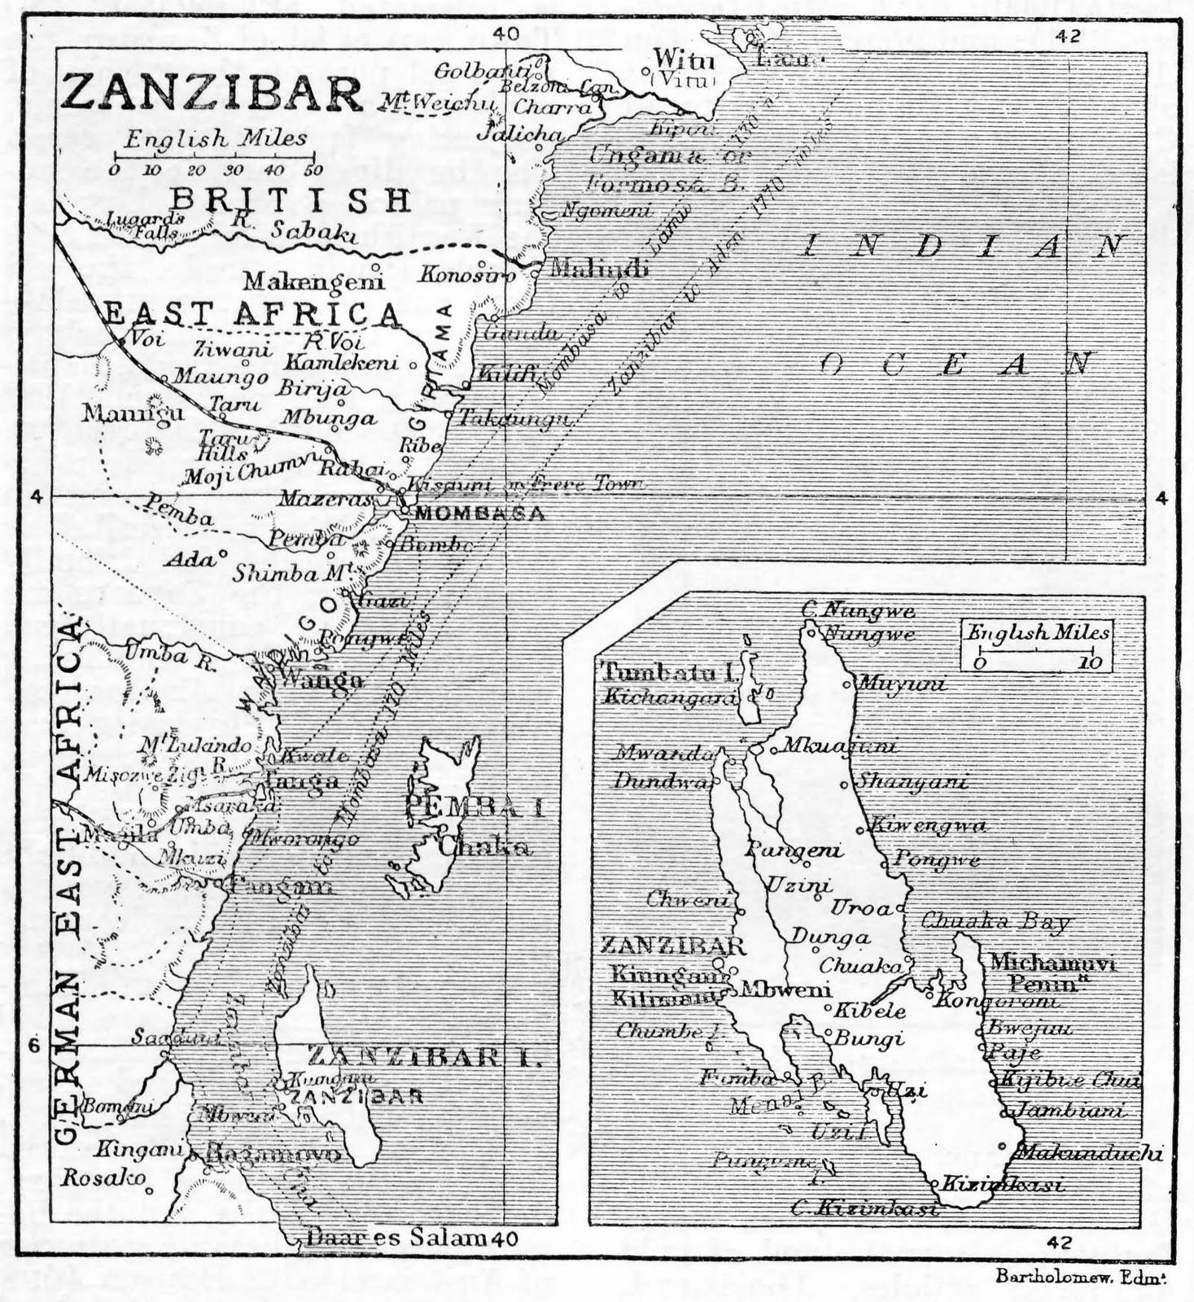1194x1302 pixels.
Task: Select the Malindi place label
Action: pyautogui.click(x=599, y=269)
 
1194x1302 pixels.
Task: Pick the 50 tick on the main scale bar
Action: pyautogui.click(x=313, y=170)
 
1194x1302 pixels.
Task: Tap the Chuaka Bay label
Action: pyautogui.click(x=995, y=922)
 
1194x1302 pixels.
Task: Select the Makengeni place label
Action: pyautogui.click(x=313, y=282)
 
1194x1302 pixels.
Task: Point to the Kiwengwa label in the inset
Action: pyautogui.click(x=928, y=826)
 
